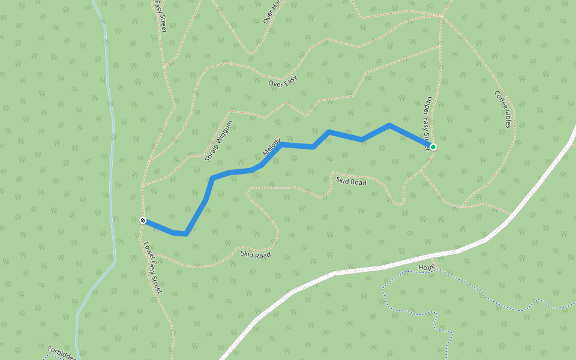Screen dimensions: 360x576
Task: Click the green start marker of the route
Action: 433,147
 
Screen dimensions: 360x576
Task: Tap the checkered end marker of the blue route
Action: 143,220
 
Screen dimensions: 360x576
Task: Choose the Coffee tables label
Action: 503,109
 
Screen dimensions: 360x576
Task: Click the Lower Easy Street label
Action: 153,267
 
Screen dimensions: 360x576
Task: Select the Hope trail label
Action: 427,267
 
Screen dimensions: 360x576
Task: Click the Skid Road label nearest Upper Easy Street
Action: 351,181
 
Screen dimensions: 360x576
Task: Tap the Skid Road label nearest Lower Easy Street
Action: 256,255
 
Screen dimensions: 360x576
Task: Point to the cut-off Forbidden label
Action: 62,353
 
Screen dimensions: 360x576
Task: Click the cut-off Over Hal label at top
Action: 272,12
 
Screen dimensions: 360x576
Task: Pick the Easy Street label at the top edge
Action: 160,16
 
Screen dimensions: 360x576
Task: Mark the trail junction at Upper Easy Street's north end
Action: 442,16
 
